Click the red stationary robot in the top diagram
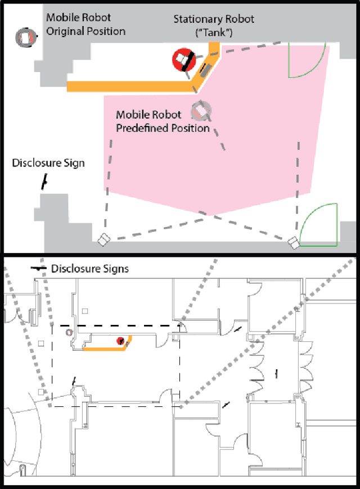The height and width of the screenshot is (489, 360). coord(183,60)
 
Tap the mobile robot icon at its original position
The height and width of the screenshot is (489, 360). coord(25,38)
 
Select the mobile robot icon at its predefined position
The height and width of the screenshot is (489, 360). coord(201,111)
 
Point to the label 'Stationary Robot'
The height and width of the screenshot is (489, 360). coord(214,19)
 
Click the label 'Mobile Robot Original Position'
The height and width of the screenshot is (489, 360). coord(85,25)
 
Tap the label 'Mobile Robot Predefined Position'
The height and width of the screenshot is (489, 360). coord(162,121)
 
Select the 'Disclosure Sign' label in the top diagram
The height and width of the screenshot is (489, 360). coord(49,163)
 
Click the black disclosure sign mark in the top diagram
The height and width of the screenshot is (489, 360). coord(43,181)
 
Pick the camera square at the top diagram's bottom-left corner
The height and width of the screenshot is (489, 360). coord(102,240)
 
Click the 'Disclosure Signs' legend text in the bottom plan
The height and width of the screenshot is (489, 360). coord(89,269)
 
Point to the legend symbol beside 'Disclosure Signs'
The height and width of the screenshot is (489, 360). coord(38,269)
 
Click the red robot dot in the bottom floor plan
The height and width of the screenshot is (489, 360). coord(120,341)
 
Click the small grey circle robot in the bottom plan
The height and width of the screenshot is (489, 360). coord(69,333)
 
